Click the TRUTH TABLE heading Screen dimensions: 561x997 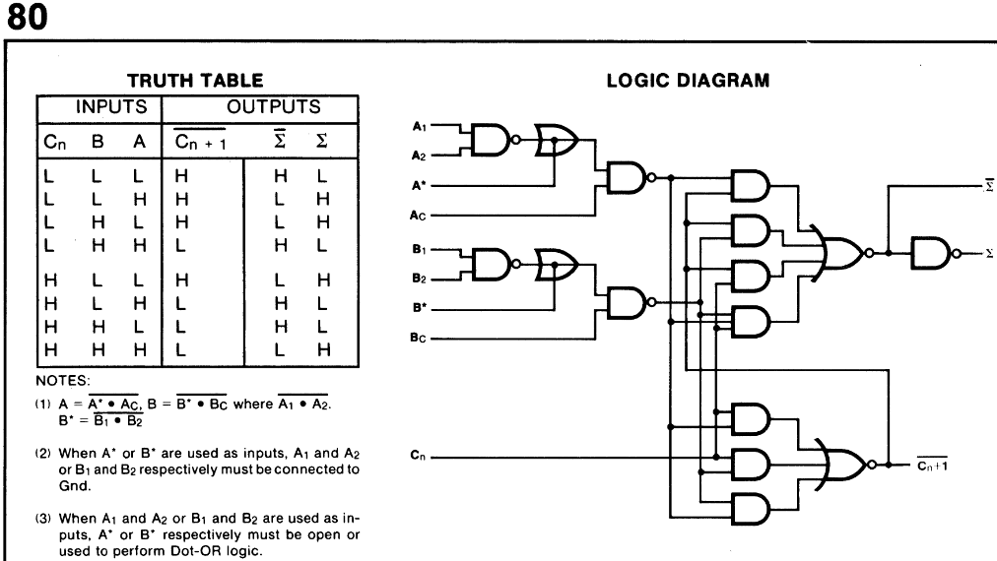(196, 81)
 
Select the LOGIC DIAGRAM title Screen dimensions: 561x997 (688, 81)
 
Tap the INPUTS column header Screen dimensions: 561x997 (99, 107)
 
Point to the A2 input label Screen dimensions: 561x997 (418, 156)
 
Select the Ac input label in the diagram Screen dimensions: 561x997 (418, 214)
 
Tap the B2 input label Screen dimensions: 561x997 (418, 279)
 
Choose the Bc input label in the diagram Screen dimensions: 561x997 (418, 338)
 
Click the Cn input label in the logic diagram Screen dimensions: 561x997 (418, 456)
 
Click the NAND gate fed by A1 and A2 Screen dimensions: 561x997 (489, 141)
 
